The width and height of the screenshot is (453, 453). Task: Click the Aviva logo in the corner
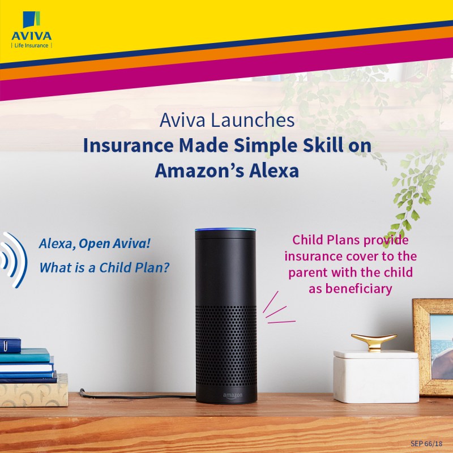(32, 29)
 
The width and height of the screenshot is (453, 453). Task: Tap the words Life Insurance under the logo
(31, 45)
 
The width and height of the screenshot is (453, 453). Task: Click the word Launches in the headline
(253, 120)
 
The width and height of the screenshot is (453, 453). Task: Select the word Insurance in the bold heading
(128, 146)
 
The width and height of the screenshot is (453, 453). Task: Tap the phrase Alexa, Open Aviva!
(95, 243)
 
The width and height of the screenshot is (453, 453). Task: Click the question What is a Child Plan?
(104, 267)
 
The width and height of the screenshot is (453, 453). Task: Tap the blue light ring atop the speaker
(225, 230)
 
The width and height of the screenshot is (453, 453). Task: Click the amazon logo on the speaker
(233, 395)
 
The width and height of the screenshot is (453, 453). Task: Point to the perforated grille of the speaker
(226, 347)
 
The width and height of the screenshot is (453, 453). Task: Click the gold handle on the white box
(374, 342)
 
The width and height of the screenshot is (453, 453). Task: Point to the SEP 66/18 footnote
(426, 443)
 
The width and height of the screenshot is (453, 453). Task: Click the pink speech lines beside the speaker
(278, 310)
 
